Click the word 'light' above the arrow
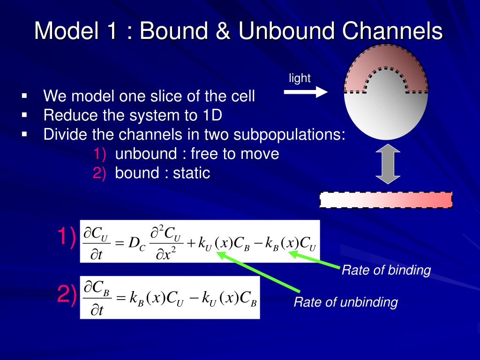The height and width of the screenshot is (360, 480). [x=300, y=78]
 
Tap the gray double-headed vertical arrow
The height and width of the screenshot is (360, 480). [x=388, y=164]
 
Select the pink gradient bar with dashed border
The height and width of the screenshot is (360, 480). [x=386, y=200]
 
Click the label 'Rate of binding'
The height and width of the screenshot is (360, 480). [x=386, y=270]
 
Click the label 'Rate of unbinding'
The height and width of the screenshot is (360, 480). [x=345, y=302]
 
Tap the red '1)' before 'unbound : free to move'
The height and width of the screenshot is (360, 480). [x=99, y=154]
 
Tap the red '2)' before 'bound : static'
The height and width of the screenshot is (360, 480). [x=99, y=173]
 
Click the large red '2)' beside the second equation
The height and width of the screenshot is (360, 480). [x=66, y=294]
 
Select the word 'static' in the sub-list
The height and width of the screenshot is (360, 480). [x=191, y=173]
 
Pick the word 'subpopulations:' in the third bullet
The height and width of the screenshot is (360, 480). [x=290, y=135]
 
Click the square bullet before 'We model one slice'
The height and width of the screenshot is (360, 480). [x=24, y=96]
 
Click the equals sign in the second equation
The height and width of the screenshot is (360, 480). [x=121, y=298]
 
